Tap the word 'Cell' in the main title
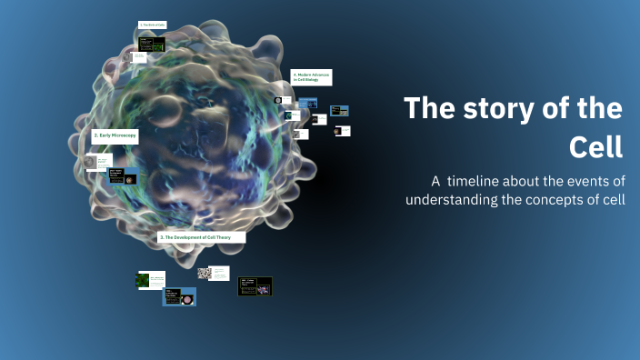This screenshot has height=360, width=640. pos(595,145)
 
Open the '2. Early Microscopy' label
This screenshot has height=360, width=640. pos(115,135)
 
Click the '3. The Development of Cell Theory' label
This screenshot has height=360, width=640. pos(201,236)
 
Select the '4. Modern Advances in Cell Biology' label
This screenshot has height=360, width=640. pos(311,77)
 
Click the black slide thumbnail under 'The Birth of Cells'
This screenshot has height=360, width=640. pos(151,44)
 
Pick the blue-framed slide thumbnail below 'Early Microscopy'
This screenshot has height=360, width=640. pos(123,175)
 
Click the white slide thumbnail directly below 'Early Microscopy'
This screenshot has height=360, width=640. pos(97,161)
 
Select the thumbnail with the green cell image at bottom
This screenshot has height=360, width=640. pos(151,281)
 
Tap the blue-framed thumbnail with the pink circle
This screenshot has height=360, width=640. pos(179,296)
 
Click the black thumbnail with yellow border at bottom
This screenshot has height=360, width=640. pos(255,286)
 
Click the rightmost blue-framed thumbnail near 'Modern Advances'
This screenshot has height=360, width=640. pos(339,111)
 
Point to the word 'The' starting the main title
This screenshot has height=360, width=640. pos(430,108)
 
